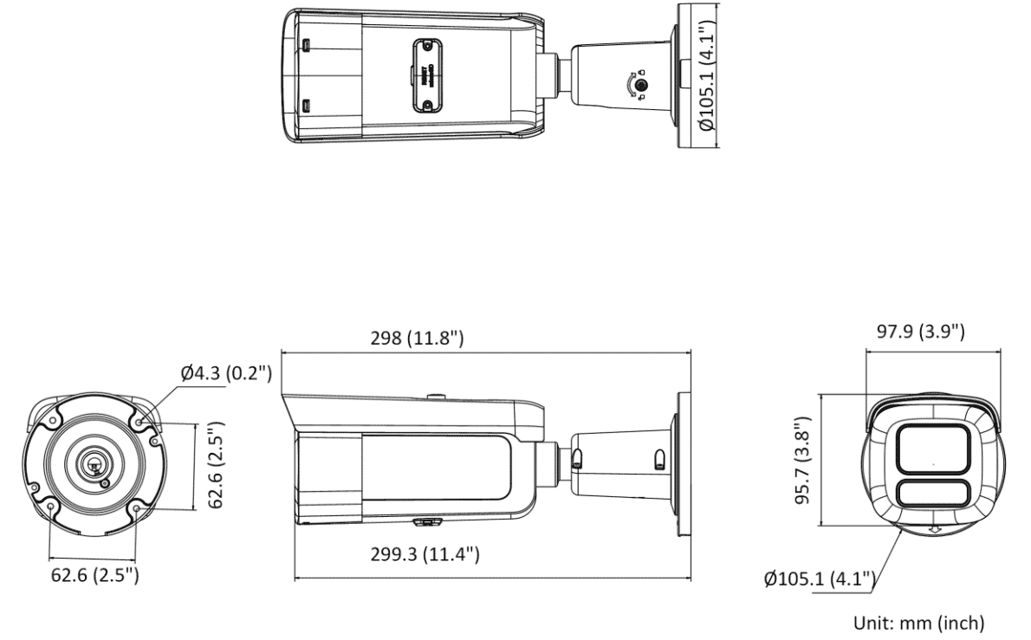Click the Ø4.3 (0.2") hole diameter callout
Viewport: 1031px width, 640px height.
(x=226, y=374)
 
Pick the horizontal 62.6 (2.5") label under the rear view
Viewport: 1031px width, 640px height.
(x=94, y=574)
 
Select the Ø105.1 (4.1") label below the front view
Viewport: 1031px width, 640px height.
(x=820, y=578)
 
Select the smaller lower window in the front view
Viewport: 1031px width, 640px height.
(x=933, y=495)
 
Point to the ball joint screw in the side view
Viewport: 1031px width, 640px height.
(x=574, y=456)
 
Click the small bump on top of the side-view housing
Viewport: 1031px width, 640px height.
(x=436, y=398)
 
